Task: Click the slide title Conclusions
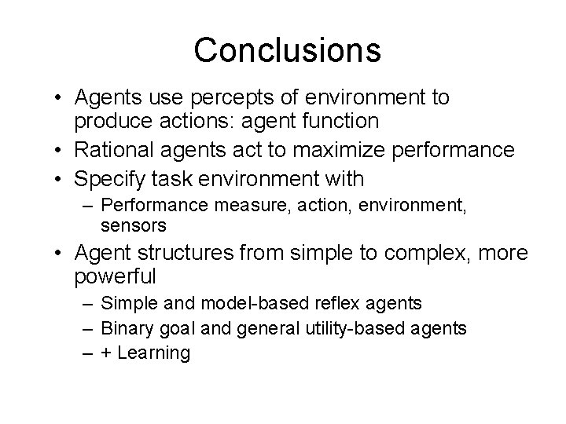(287, 49)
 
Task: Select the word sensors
(134, 226)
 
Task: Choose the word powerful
(116, 278)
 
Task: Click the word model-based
(229, 302)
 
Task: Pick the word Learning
(154, 353)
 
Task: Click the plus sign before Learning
(107, 353)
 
